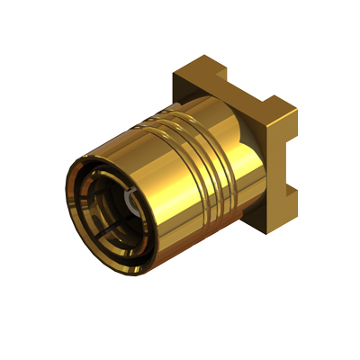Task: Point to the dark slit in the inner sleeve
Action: point(112,236)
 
